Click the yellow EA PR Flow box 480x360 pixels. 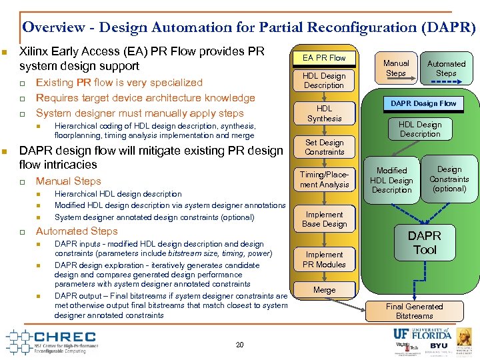(x=324, y=58)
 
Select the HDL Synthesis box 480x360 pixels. (x=324, y=113)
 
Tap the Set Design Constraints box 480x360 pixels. (x=324, y=147)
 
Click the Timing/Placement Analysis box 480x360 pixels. (x=324, y=180)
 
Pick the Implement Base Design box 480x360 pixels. (x=324, y=219)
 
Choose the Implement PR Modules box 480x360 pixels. (x=324, y=259)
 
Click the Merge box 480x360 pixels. (x=324, y=290)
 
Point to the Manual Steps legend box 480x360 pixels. (x=395, y=68)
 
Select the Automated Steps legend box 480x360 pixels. (x=446, y=68)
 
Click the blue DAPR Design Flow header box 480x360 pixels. (x=423, y=103)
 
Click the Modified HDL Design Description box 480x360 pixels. (x=391, y=181)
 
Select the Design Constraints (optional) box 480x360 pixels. (x=449, y=179)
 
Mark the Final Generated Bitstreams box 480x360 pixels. (x=414, y=311)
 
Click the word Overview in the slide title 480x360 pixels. (x=53, y=27)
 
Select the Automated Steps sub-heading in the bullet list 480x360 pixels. (x=77, y=231)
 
